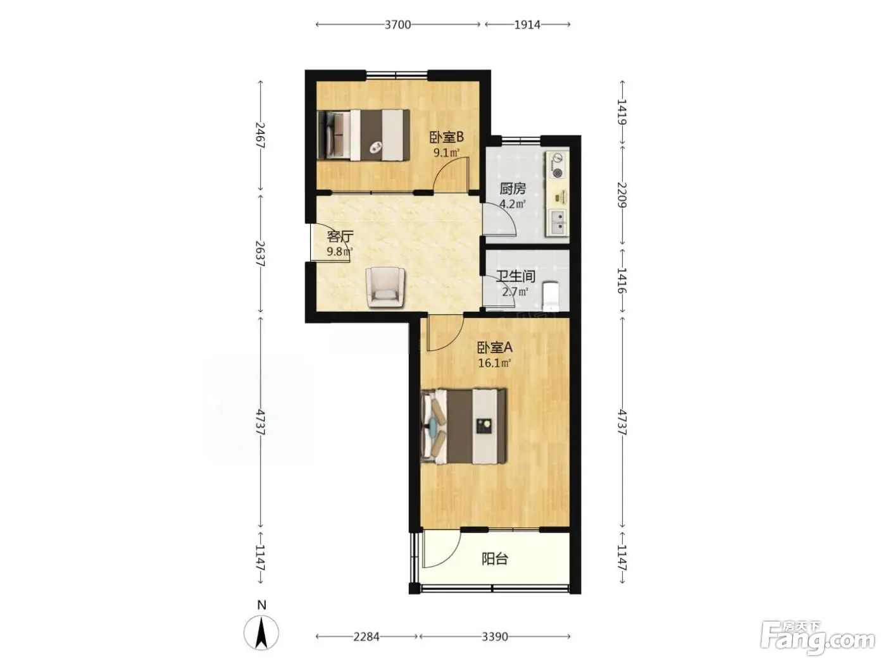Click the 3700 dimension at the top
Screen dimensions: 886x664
(x=397, y=25)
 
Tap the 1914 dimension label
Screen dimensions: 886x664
(x=527, y=25)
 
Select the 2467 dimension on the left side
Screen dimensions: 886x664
(x=261, y=135)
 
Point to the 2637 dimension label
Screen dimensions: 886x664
(x=261, y=253)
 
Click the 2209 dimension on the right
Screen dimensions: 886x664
(x=622, y=195)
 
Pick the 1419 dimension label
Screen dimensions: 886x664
(x=622, y=112)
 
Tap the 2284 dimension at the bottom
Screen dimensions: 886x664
(x=366, y=637)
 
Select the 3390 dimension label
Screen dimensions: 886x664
(x=495, y=637)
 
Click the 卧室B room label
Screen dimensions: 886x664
(x=446, y=137)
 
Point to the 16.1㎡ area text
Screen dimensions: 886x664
(x=494, y=363)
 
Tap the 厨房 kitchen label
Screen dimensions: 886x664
(x=513, y=188)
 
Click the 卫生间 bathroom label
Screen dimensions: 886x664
(x=515, y=276)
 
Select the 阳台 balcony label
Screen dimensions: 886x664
(x=495, y=559)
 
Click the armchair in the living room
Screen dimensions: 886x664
(x=385, y=288)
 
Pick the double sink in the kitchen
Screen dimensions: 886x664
(x=557, y=223)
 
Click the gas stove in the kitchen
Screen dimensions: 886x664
(x=557, y=165)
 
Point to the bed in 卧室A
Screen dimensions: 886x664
(x=463, y=426)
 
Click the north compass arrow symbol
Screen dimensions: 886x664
(x=261, y=632)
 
